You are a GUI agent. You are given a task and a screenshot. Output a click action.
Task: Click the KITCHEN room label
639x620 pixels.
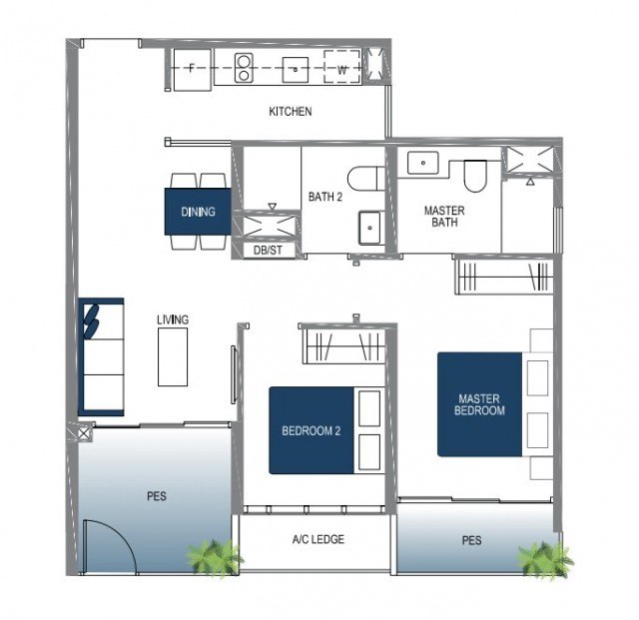[x=291, y=111]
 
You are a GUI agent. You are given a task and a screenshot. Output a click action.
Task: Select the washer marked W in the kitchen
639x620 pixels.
[x=342, y=67]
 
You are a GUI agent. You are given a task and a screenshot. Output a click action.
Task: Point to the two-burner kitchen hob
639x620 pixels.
[x=244, y=68]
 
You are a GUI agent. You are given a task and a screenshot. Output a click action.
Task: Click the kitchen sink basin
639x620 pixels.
[x=296, y=70]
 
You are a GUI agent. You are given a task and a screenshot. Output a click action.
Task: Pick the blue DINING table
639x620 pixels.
[x=198, y=212]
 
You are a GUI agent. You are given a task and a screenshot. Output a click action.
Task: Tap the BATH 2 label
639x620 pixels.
[x=325, y=197]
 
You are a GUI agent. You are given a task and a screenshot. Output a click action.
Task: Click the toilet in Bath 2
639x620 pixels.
[x=366, y=178]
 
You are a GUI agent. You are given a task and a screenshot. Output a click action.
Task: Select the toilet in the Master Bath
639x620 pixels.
[x=475, y=176]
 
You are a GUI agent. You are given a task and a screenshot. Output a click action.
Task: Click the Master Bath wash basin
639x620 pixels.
[x=423, y=163]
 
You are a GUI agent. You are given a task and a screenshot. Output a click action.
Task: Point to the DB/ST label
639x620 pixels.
[x=268, y=250]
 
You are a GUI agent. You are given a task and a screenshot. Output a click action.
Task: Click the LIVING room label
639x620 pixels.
[x=173, y=319]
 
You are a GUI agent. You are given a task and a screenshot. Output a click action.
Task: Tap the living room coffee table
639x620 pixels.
[x=173, y=357]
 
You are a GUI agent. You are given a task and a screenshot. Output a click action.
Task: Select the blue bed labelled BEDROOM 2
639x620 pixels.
[x=311, y=430]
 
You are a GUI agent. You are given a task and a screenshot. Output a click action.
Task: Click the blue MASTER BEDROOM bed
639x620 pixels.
[x=479, y=404]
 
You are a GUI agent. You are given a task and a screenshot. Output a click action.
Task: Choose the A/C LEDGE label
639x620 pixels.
[x=319, y=539]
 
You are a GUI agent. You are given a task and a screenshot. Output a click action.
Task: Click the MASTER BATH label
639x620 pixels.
[x=444, y=217]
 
